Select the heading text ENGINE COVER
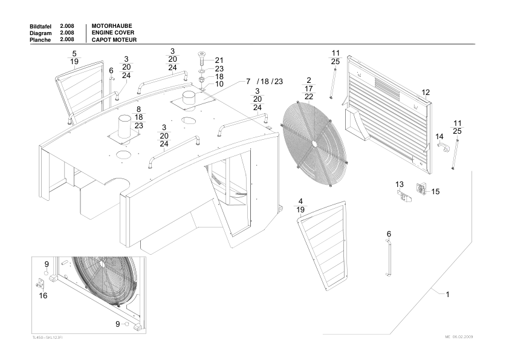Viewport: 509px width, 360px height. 113,32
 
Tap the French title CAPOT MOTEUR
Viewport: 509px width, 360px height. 114,39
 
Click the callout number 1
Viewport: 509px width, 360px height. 447,295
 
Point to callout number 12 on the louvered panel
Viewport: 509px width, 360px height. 426,93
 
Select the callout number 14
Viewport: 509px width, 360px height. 439,137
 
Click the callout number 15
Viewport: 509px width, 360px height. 435,191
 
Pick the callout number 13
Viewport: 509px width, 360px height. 400,184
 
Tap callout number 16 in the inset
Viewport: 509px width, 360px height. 43,296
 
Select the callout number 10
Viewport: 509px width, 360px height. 219,84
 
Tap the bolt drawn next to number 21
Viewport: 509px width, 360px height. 201,61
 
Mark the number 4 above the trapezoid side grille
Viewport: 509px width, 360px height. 300,201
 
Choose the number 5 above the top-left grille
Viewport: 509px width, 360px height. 74,53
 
